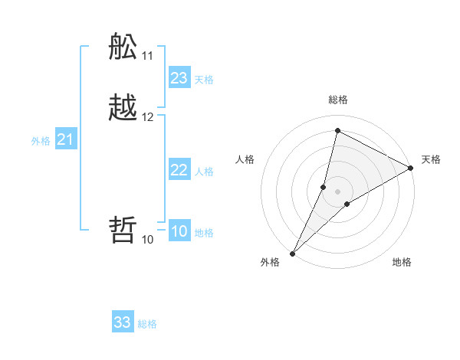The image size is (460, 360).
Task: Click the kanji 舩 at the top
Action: (x=123, y=47)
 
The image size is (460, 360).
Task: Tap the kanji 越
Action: (x=123, y=108)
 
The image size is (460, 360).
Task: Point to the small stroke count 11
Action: (x=148, y=56)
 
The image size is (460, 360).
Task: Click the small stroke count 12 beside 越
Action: (x=148, y=117)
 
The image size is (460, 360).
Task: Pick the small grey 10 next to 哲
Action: (x=148, y=239)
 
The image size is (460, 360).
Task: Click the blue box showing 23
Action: (x=179, y=78)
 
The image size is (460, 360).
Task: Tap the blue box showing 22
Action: (x=179, y=170)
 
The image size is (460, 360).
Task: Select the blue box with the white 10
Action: (x=179, y=231)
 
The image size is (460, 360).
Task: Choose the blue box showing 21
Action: (x=66, y=139)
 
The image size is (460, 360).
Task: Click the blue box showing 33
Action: (x=123, y=322)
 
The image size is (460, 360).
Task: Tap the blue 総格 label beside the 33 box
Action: (x=147, y=324)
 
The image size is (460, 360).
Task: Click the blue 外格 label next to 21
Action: (x=41, y=141)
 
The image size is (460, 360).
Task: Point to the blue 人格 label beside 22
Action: (x=205, y=172)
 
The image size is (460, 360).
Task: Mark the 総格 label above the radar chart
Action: (x=338, y=100)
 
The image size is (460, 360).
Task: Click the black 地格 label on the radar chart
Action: (x=402, y=262)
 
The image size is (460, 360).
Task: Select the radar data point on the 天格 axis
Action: (x=411, y=169)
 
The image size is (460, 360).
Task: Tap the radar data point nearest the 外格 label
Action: (x=292, y=253)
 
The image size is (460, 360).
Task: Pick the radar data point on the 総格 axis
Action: (x=337, y=130)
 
